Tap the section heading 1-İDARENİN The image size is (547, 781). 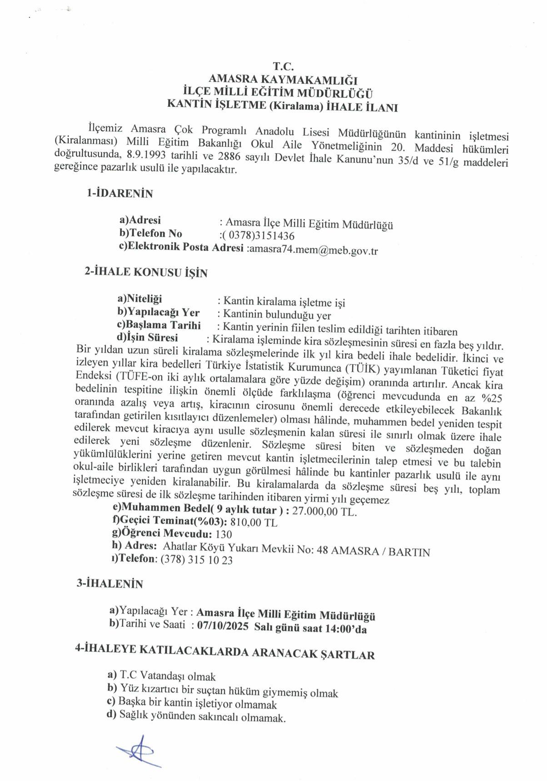point(119,194)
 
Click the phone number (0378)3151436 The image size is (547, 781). point(257,236)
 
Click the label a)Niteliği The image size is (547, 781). point(139,299)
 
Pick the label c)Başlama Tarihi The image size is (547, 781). point(159,326)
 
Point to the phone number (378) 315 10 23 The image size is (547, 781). point(197,560)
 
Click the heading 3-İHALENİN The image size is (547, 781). point(109,584)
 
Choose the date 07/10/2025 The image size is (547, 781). point(223,626)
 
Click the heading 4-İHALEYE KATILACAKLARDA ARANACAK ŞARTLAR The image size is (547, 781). point(225,653)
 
